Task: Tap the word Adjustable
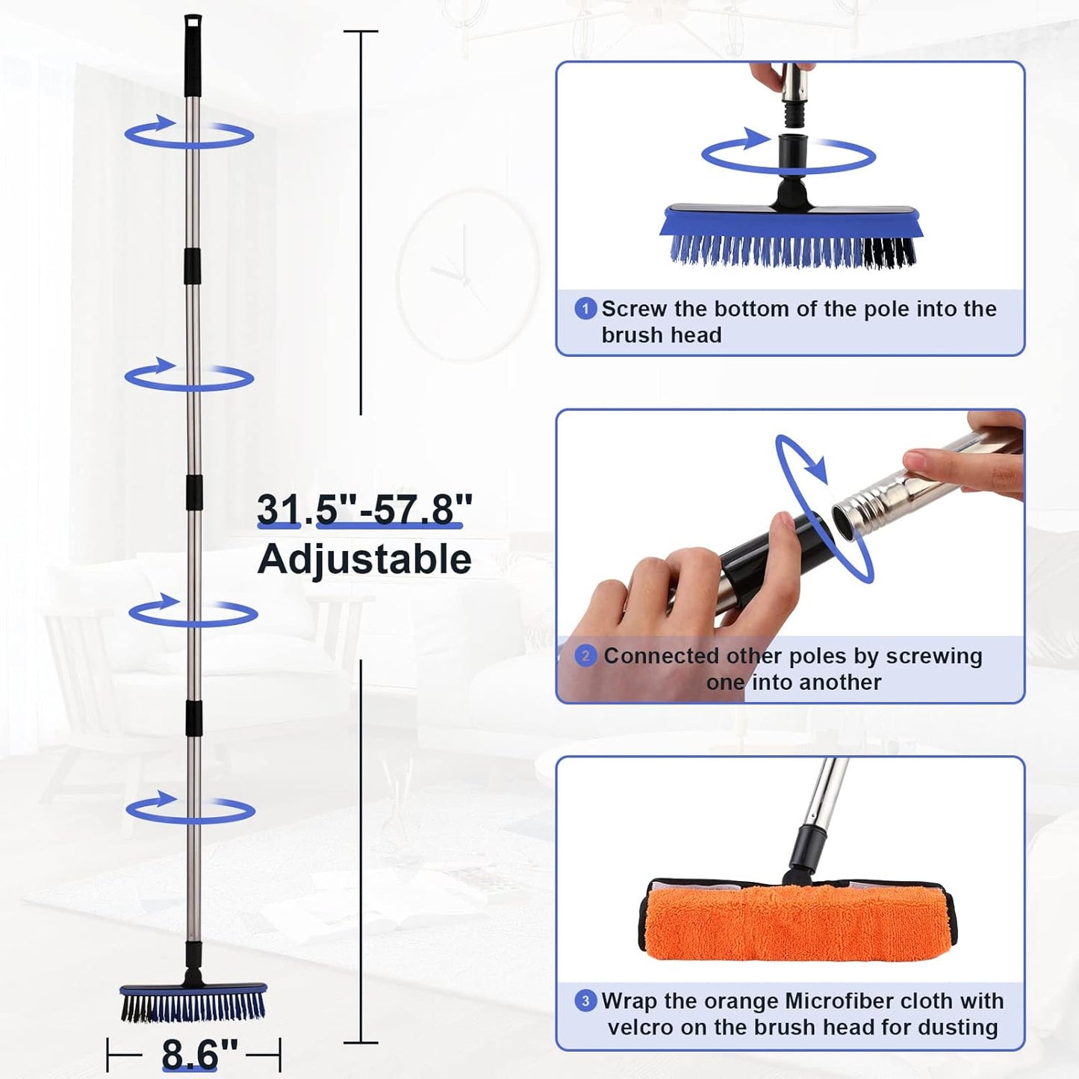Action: [x=364, y=559]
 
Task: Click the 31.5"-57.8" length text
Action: [x=364, y=510]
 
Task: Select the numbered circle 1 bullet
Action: [x=585, y=308]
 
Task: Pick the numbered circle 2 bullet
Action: [x=585, y=656]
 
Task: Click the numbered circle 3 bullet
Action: [x=585, y=1001]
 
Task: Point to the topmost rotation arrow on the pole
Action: [x=189, y=133]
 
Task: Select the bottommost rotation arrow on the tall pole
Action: [x=190, y=809]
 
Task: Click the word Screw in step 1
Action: [x=634, y=309]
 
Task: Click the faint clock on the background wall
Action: [x=467, y=275]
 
